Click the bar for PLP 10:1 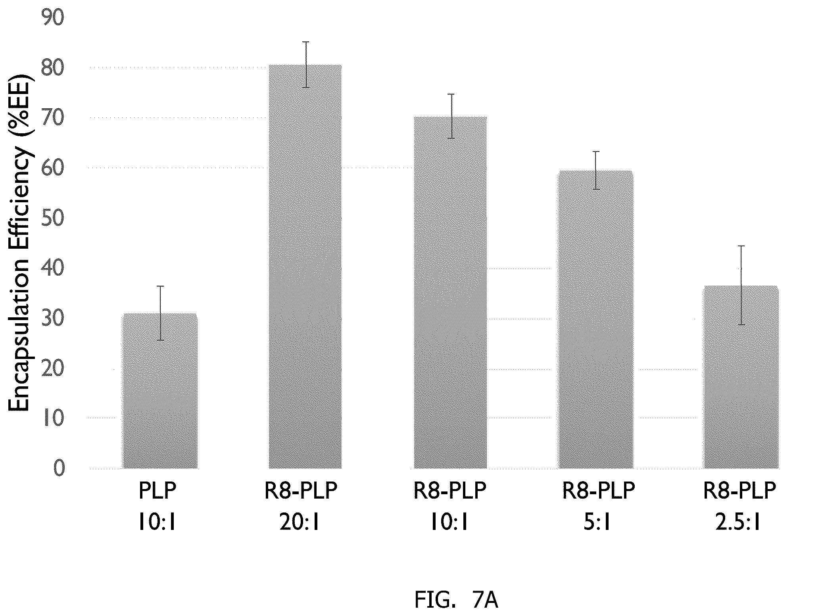pyautogui.click(x=160, y=391)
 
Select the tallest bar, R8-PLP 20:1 pyautogui.click(x=305, y=267)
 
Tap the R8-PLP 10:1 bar pyautogui.click(x=450, y=292)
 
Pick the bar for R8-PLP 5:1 pyautogui.click(x=596, y=320)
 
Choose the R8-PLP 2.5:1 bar pyautogui.click(x=741, y=377)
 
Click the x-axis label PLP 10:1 pyautogui.click(x=157, y=507)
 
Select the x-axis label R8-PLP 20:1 pyautogui.click(x=301, y=507)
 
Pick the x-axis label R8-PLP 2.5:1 pyautogui.click(x=739, y=507)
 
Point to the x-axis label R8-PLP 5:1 pyautogui.click(x=599, y=507)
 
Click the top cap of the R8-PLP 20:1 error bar pyautogui.click(x=306, y=42)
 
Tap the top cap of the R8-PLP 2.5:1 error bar pyautogui.click(x=741, y=246)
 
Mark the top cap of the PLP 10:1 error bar pyautogui.click(x=160, y=286)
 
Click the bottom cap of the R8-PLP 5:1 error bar pyautogui.click(x=596, y=189)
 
